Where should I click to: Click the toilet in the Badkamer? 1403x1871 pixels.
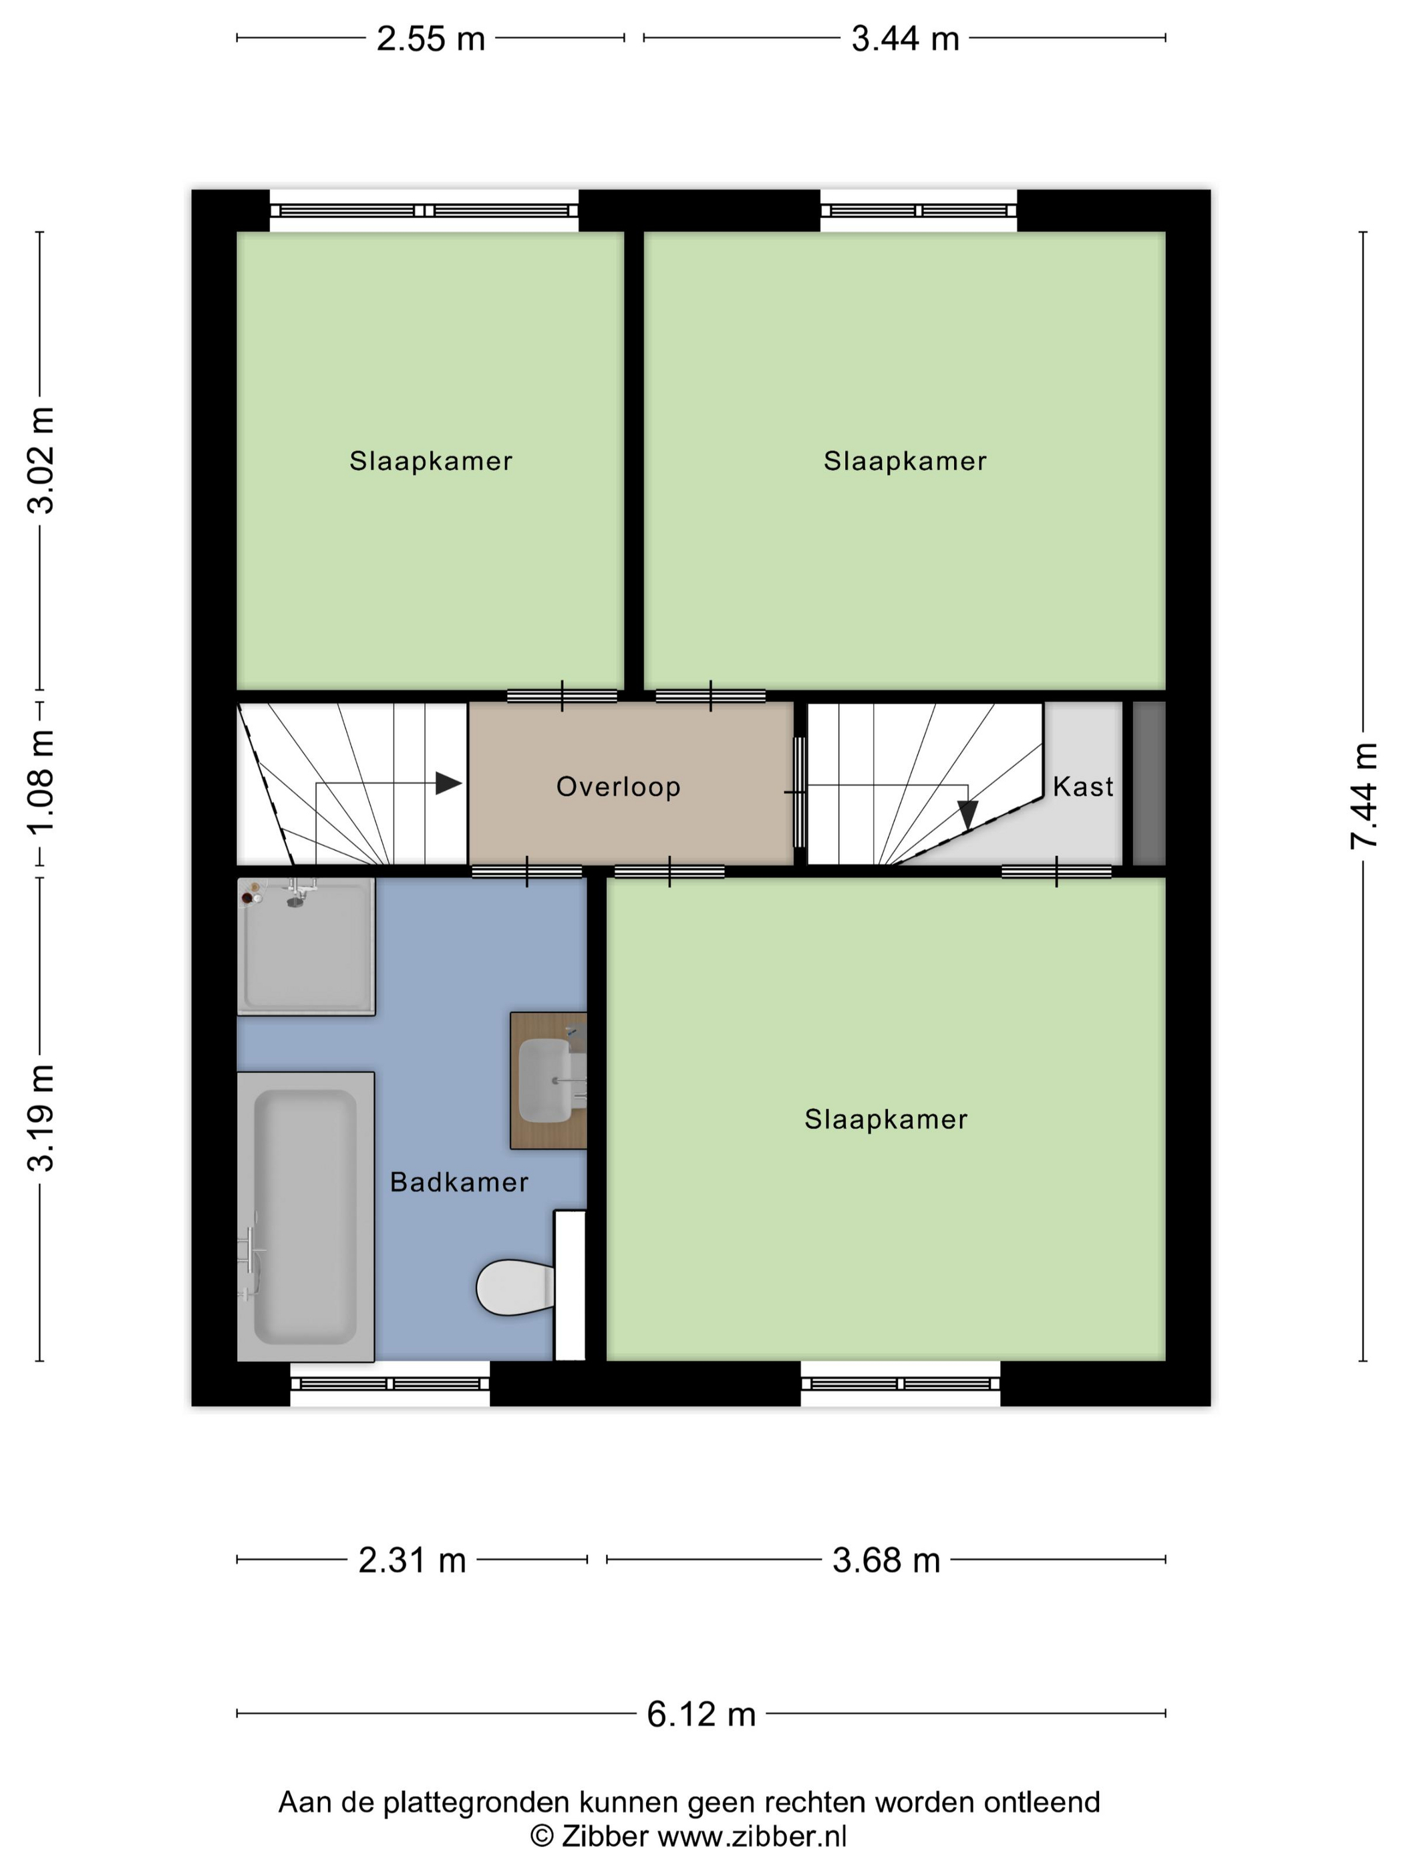515,1288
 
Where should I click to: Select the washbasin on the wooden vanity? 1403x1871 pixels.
545,1080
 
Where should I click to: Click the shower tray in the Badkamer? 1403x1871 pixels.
305,946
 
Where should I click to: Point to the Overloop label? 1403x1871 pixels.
618,786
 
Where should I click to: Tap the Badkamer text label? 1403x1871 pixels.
459,1181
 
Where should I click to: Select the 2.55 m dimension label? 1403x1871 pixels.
430,39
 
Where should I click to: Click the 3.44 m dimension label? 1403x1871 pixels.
905,39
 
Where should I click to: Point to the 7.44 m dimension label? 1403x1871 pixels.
1364,795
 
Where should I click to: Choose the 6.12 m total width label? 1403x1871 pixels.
701,1715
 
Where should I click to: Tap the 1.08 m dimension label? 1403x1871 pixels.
41,782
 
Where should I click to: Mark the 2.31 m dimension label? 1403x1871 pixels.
412,1560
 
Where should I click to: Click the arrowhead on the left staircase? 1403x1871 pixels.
448,783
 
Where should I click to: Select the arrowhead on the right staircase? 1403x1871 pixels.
967,815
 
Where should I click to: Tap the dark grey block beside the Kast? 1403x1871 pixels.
1149,783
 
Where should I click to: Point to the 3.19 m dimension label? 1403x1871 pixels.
41,1117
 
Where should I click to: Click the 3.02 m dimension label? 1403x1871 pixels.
41,460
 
